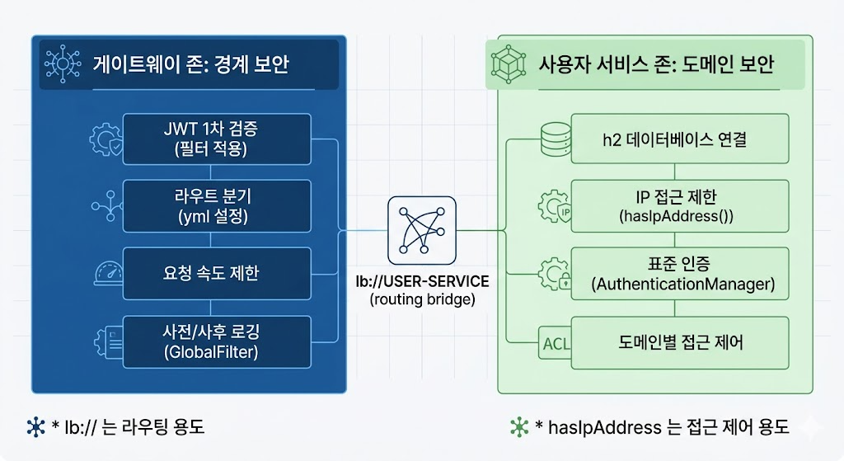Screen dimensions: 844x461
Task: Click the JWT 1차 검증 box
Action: coord(217,139)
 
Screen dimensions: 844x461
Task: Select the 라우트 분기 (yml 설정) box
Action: coord(217,206)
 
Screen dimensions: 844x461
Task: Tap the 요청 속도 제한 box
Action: coord(217,273)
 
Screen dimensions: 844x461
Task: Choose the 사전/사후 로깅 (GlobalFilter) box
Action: coord(217,342)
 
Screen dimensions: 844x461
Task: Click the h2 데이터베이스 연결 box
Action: coord(680,139)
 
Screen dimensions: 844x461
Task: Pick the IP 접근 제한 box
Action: coord(680,206)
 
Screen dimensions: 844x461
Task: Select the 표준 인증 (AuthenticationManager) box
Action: coord(680,274)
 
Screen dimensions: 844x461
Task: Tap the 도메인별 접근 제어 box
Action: coord(680,342)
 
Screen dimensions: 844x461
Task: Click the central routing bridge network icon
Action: coord(422,231)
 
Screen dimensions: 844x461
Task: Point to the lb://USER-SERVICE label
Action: coord(423,282)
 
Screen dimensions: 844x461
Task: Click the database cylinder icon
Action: coord(556,139)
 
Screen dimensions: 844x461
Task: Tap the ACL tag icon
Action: coord(555,343)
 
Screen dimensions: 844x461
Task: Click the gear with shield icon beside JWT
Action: coord(106,139)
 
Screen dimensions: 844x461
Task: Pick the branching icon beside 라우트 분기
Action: coord(107,205)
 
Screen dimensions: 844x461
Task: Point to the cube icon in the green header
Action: coord(508,64)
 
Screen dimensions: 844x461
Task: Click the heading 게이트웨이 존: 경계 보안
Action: coord(191,64)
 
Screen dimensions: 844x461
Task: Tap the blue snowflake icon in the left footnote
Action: coord(36,427)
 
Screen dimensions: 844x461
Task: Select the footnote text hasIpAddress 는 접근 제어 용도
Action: coord(668,427)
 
